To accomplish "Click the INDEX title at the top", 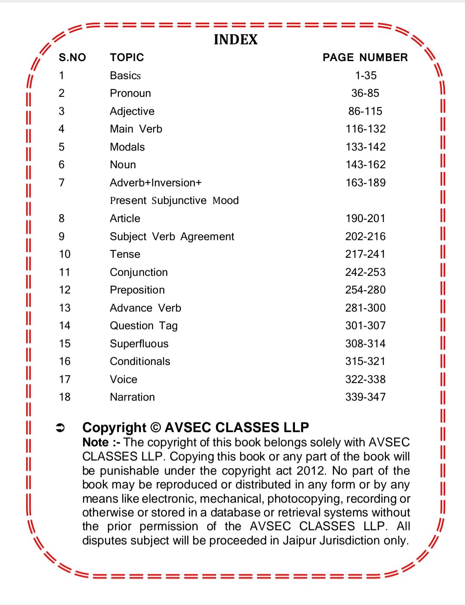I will [x=236, y=40].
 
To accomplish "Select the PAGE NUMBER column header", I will [x=365, y=57].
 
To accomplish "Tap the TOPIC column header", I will [x=127, y=57].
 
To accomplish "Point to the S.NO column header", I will [x=72, y=57].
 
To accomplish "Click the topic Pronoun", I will [x=130, y=93].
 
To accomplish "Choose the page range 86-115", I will [x=365, y=111].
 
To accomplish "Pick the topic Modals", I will [x=127, y=147].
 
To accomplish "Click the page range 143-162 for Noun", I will [x=366, y=165].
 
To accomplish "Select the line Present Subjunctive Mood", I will [x=174, y=201].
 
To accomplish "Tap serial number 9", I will [x=62, y=237].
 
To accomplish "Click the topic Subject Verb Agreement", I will [x=172, y=237].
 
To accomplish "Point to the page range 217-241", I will [x=365, y=254].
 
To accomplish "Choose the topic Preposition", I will [x=137, y=290].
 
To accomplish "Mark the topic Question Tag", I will [x=144, y=326].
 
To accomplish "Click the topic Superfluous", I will [x=139, y=344].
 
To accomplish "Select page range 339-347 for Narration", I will [x=365, y=397].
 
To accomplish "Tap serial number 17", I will [x=65, y=380].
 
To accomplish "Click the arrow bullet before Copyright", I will [x=60, y=428].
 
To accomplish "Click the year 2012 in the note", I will [x=312, y=471].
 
